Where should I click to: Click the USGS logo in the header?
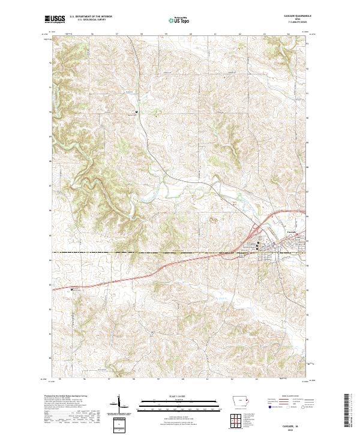[55, 19]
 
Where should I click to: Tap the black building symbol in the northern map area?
[136, 112]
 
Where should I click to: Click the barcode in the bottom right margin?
[351, 410]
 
